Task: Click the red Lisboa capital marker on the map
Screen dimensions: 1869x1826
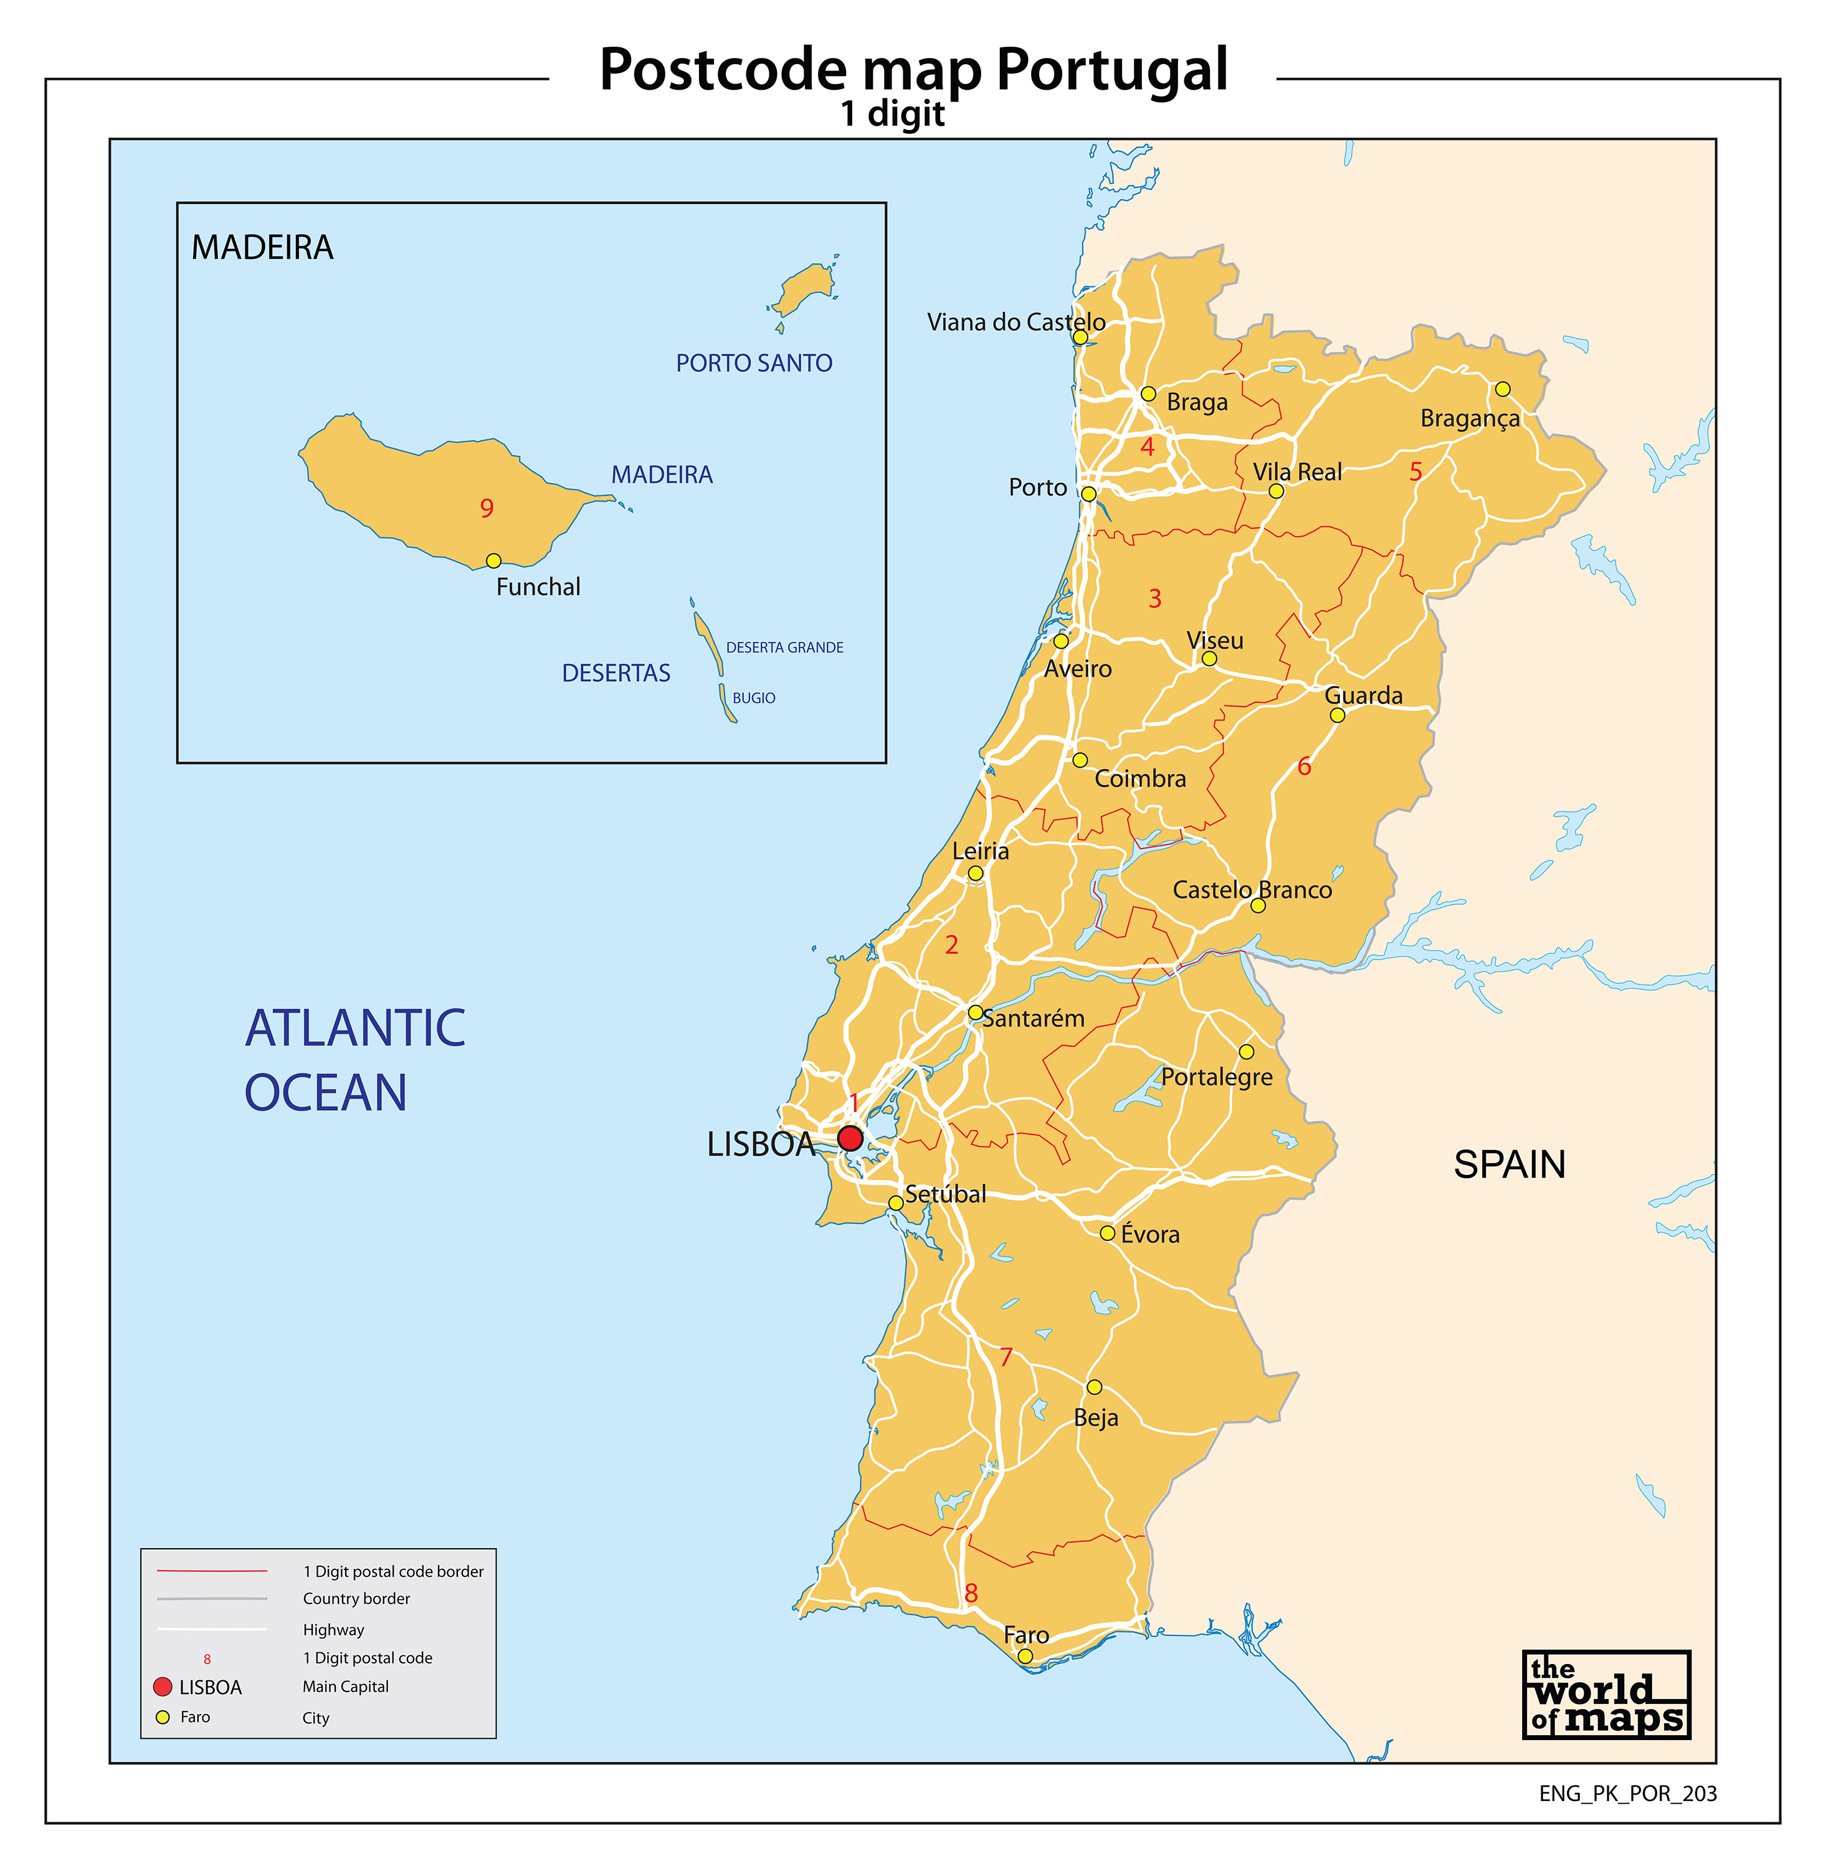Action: click(x=850, y=1138)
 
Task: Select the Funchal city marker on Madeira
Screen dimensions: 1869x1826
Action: click(x=493, y=561)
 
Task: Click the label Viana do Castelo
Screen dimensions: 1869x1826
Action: click(x=1015, y=322)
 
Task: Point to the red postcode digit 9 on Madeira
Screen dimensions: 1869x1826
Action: click(x=487, y=508)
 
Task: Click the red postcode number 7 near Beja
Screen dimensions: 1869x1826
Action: click(x=1006, y=1357)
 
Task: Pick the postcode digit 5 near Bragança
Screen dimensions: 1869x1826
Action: click(x=1415, y=472)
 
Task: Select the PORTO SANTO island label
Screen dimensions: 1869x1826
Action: click(x=754, y=363)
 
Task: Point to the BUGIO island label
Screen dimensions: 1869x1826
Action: click(x=754, y=698)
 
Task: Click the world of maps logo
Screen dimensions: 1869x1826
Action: click(x=1605, y=1695)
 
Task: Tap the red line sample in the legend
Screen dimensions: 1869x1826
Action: click(x=212, y=1571)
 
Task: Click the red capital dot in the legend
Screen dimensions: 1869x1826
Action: click(x=163, y=1687)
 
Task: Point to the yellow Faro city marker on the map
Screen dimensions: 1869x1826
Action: click(x=1025, y=1656)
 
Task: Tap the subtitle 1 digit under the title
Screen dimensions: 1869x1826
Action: click(x=892, y=114)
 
